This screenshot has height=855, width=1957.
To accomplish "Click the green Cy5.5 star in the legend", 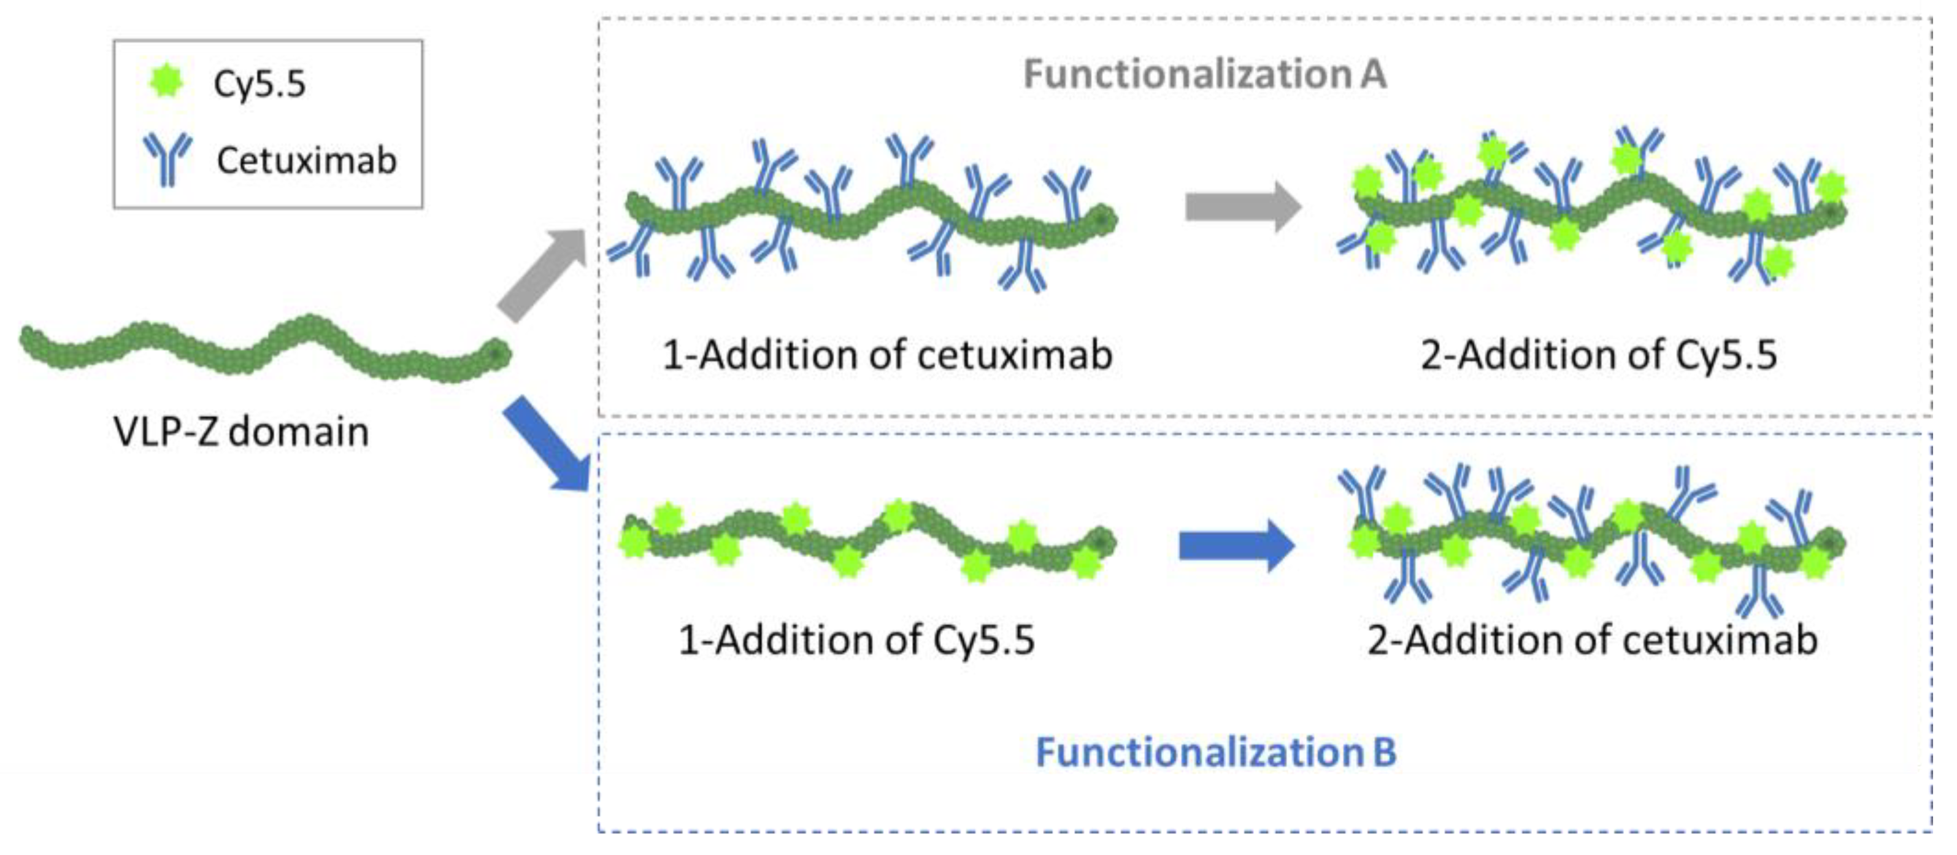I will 166,81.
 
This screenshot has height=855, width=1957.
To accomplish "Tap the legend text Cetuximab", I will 306,160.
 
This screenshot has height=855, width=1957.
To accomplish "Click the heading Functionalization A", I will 1205,74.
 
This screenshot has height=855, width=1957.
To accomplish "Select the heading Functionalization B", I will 1215,752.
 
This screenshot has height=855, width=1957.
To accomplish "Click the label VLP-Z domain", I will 241,431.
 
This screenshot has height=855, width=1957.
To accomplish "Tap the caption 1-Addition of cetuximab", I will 886,355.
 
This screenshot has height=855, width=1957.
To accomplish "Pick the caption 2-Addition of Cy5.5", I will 1598,355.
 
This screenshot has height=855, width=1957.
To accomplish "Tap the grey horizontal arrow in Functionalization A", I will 1243,206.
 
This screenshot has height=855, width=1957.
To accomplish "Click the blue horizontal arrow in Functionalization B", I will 1237,545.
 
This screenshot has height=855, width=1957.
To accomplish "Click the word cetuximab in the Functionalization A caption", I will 1015,355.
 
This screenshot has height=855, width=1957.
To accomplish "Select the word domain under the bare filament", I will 299,431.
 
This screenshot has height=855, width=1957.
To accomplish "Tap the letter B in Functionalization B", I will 1383,752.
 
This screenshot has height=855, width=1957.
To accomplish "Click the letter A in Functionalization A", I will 1373,74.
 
